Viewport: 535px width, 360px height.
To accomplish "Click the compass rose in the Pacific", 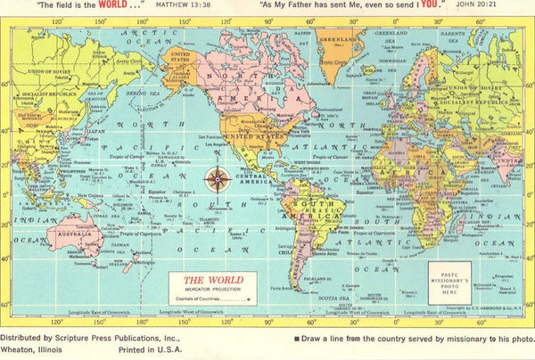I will [217, 179].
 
